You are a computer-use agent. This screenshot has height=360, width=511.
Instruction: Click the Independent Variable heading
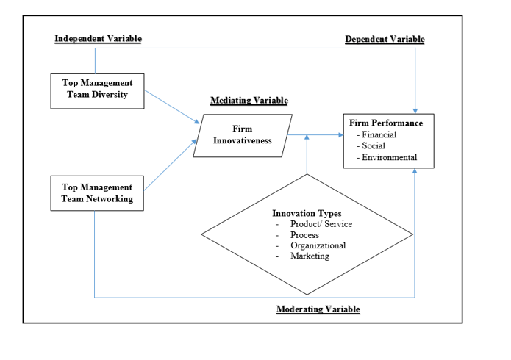click(98, 38)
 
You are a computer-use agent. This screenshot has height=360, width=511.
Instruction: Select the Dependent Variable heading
click(385, 39)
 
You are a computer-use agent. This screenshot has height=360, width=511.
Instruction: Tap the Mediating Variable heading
click(249, 101)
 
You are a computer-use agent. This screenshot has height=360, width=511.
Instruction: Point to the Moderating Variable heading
click(318, 309)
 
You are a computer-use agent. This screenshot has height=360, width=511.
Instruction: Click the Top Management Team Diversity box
click(97, 90)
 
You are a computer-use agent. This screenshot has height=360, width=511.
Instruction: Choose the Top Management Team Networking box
click(97, 193)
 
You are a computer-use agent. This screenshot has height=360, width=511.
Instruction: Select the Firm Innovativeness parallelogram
click(243, 135)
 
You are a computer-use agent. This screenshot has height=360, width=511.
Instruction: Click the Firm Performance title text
click(386, 123)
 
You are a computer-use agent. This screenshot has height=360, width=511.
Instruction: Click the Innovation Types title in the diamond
click(307, 214)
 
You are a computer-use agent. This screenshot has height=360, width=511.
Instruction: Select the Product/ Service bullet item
click(321, 224)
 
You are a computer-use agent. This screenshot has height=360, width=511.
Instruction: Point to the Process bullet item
click(304, 235)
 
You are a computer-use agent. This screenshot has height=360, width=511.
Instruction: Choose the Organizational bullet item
click(318, 245)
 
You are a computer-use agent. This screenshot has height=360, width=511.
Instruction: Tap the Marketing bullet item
click(310, 256)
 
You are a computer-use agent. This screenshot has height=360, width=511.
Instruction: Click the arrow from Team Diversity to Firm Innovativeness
click(172, 107)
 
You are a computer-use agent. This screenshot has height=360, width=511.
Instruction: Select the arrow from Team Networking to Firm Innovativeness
click(172, 167)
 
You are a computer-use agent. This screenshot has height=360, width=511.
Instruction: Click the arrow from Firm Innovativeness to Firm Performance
click(316, 135)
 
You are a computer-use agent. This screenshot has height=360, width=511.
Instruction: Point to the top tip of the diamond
click(307, 175)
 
